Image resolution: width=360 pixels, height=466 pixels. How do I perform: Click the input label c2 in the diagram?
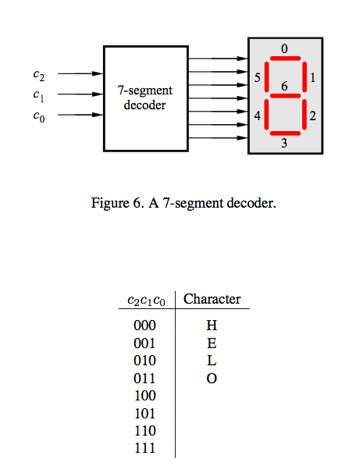click(x=38, y=75)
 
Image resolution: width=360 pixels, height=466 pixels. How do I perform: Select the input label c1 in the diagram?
click(x=38, y=95)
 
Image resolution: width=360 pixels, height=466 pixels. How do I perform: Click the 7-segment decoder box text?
click(x=144, y=98)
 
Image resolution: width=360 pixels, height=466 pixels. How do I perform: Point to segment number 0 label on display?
click(x=284, y=48)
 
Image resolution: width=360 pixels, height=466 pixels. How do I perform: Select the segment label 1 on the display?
click(x=312, y=78)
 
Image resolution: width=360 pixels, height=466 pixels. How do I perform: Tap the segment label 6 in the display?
click(x=284, y=86)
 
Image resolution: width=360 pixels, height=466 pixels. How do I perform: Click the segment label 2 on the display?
click(x=312, y=116)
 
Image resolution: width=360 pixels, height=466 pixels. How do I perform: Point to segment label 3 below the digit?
click(x=284, y=144)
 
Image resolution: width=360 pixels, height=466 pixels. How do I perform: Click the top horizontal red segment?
click(x=284, y=59)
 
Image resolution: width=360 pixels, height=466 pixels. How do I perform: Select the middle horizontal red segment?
click(x=284, y=96)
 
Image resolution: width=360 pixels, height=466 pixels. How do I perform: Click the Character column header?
click(x=212, y=299)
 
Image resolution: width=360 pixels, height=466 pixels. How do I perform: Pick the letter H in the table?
click(x=212, y=325)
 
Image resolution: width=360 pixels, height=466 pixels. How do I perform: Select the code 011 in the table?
click(x=145, y=379)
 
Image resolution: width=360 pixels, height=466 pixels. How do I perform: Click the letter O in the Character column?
click(x=212, y=379)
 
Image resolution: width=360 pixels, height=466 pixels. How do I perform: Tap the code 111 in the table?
click(x=145, y=449)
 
